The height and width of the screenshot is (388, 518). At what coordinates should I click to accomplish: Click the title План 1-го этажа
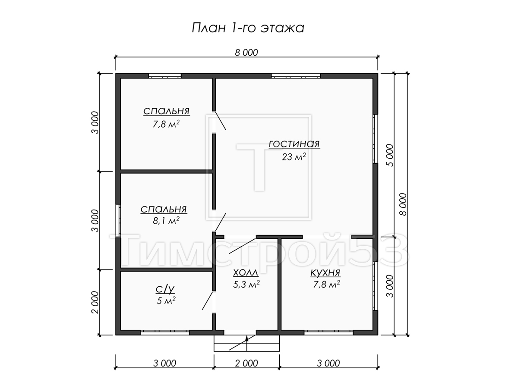point(248,28)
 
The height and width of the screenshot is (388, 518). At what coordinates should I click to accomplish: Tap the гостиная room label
point(294,144)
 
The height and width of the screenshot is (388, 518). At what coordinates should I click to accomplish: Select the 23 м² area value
point(294,156)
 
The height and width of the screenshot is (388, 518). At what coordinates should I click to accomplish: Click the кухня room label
point(325,273)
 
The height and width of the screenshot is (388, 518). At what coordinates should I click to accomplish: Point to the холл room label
point(246,273)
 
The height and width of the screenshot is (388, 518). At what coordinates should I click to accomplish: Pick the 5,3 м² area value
point(246,285)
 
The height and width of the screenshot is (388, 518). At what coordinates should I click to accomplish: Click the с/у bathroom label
point(165,289)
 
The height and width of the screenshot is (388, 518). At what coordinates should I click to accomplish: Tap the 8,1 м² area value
point(166,221)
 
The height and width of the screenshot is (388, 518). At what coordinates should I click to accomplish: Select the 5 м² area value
point(166,300)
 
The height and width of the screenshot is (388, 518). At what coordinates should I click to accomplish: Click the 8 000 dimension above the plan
point(246,53)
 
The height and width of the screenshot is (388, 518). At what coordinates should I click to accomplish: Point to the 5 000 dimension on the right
point(390,155)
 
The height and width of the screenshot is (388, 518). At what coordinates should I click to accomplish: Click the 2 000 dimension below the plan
point(246,363)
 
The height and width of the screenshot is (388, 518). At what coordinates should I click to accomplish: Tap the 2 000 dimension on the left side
point(95,302)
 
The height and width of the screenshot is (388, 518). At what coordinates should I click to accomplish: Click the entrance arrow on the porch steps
point(247,344)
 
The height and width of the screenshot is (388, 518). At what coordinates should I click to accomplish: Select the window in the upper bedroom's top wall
point(165,76)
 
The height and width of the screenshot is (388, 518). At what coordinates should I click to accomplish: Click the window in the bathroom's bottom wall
point(165,332)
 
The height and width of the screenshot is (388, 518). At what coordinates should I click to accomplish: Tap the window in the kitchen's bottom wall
point(328,332)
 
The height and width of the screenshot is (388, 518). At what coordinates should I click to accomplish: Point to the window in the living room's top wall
point(296,76)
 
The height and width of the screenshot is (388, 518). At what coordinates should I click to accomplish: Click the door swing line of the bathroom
point(208,301)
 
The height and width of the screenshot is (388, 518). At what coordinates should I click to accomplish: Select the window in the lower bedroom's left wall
point(118,220)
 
